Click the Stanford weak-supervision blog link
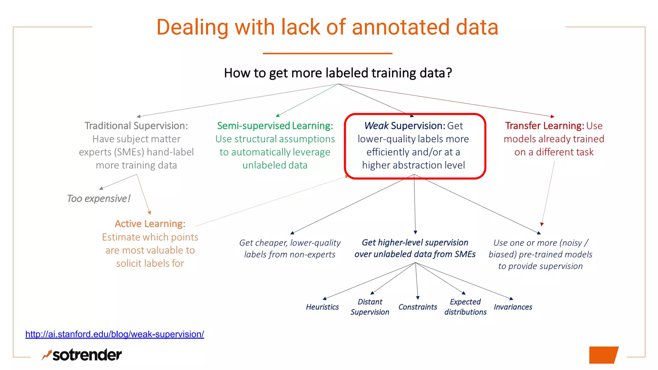click(x=114, y=334)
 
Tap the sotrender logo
click(x=82, y=355)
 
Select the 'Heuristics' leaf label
click(x=322, y=307)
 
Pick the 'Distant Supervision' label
click(x=370, y=307)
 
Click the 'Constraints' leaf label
click(x=418, y=307)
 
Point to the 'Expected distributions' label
click(x=465, y=307)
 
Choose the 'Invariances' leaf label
click(x=513, y=307)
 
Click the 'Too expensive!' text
click(x=99, y=198)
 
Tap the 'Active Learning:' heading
click(x=150, y=224)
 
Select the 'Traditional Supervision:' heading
click(x=136, y=126)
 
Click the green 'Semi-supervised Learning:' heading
click(x=275, y=126)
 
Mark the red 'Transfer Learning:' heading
click(x=544, y=126)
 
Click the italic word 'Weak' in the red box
click(x=376, y=126)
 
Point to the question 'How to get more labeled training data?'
click(x=338, y=73)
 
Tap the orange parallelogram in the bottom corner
click(x=603, y=355)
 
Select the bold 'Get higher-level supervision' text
click(x=415, y=242)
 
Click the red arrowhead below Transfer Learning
click(x=542, y=224)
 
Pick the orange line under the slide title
click(x=327, y=53)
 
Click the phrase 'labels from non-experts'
click(x=289, y=254)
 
